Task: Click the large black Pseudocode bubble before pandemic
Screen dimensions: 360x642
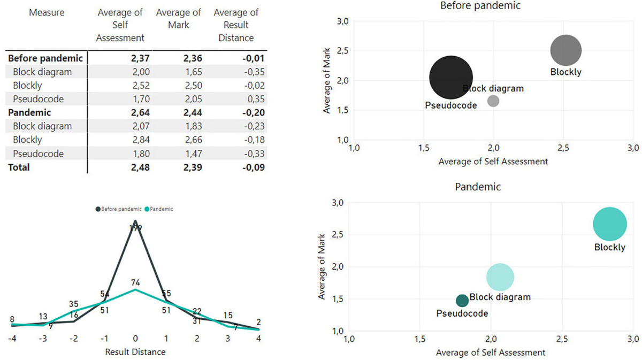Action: click(x=451, y=78)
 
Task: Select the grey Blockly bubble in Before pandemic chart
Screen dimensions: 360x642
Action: click(x=565, y=51)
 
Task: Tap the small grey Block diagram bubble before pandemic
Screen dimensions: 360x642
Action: click(x=493, y=101)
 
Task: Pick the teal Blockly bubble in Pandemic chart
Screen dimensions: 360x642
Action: click(x=609, y=224)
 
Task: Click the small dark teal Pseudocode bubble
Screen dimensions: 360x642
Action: click(x=462, y=301)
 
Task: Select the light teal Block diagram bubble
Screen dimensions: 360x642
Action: click(x=500, y=277)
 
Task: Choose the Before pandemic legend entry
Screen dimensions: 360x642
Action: click(x=118, y=209)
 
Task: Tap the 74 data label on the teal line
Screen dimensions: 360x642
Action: click(x=136, y=282)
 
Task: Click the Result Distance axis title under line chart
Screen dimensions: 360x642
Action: click(x=136, y=351)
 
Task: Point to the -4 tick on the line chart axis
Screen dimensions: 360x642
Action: click(x=12, y=338)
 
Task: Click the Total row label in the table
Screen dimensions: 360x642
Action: click(x=19, y=167)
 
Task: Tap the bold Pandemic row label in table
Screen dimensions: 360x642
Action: click(x=29, y=113)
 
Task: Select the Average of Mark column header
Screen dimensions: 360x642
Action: click(x=178, y=18)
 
